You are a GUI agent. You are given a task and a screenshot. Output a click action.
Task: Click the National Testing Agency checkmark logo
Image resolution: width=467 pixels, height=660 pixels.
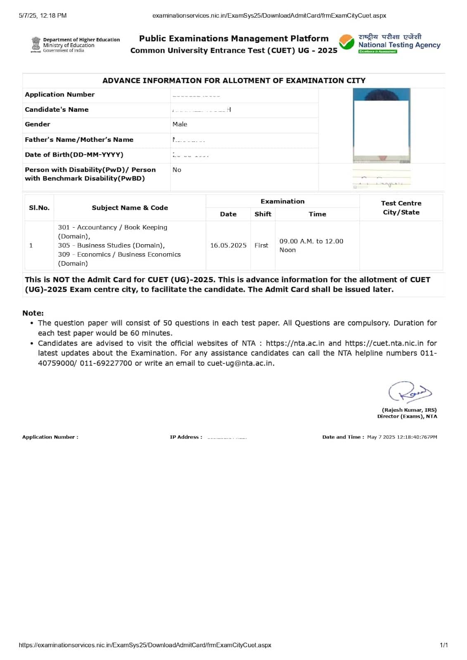346,42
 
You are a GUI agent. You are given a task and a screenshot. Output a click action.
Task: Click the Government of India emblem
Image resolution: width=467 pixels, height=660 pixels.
36,45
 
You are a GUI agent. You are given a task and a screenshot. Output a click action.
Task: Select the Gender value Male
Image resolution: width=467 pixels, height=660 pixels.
180,124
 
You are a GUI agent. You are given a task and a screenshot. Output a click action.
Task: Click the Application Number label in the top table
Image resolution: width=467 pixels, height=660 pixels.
59,94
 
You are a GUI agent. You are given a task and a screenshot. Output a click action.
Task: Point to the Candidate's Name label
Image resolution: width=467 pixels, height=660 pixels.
57,109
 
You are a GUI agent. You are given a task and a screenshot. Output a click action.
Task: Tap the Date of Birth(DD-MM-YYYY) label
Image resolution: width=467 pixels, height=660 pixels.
74,155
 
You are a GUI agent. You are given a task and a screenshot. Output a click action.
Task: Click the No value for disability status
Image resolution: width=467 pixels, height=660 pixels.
177,170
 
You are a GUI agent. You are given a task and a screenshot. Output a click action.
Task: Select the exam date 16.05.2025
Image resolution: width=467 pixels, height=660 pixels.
228,245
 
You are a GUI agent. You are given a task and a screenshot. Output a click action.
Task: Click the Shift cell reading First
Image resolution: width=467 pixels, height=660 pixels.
261,245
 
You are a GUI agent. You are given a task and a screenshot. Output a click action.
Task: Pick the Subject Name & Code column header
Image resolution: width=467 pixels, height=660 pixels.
130,207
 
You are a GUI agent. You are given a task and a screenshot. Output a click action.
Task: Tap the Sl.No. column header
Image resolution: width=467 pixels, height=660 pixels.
39,207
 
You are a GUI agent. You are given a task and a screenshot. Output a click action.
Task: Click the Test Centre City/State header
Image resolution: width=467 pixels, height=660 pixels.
401,207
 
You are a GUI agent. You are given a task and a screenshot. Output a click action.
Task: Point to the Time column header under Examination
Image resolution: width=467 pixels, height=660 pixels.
317,214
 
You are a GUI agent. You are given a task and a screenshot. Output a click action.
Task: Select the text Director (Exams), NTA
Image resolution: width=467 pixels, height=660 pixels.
407,416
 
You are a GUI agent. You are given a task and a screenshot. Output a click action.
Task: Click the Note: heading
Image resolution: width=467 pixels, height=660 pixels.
33,313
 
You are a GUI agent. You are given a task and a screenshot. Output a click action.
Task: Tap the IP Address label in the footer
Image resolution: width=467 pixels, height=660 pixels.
186,437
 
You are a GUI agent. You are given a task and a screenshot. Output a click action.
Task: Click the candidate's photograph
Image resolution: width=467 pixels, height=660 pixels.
382,125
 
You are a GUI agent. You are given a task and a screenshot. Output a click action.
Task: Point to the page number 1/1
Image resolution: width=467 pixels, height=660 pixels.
443,645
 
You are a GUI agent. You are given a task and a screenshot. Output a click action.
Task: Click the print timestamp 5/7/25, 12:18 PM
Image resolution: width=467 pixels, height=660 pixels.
43,16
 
